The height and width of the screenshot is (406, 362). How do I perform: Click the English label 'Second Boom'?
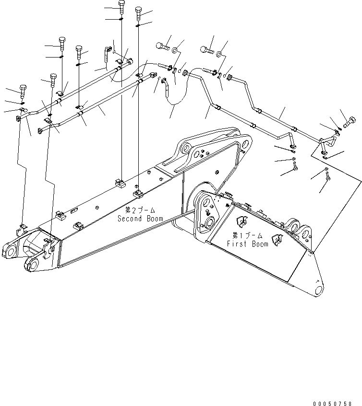click(140, 219)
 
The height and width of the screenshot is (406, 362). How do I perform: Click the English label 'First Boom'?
click(247, 244)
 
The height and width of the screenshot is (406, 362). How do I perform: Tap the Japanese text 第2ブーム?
click(140, 210)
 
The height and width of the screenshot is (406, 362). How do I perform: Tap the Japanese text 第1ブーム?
click(247, 235)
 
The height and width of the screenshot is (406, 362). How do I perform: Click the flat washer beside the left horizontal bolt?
click(176, 49)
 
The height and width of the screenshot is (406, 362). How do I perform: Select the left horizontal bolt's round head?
click(159, 46)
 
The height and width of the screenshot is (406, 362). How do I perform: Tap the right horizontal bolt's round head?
click(203, 48)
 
